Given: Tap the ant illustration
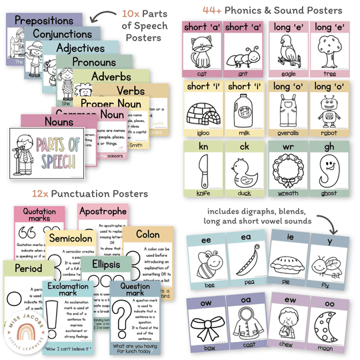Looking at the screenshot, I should coord(243,51).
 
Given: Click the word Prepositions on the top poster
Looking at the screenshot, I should coord(43,21).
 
